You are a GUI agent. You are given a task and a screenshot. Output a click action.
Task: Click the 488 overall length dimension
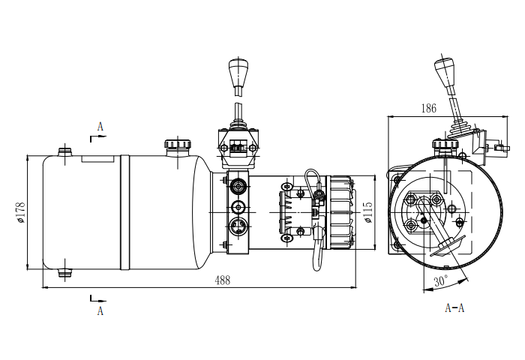223,280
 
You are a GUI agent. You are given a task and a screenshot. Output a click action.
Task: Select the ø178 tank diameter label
20,213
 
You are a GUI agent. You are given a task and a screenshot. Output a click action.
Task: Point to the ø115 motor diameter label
367,212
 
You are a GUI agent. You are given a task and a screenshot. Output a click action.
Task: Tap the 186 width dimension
429,108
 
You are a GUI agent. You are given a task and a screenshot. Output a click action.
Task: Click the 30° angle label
441,280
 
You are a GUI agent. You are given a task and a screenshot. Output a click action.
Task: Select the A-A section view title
454,307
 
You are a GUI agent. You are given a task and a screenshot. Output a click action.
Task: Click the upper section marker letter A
100,127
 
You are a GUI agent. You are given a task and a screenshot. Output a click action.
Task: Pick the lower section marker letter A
100,311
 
